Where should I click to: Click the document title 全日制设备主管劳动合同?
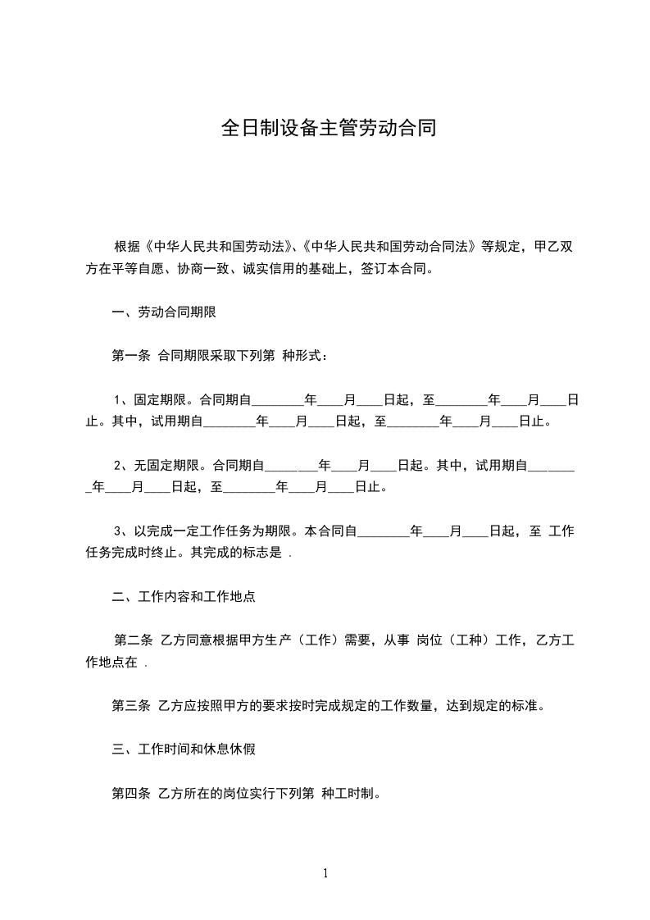pyautogui.click(x=328, y=129)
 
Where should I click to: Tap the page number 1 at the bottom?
pyautogui.click(x=325, y=873)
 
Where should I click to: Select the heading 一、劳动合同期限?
pyautogui.click(x=163, y=312)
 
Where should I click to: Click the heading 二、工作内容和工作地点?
pyautogui.click(x=184, y=597)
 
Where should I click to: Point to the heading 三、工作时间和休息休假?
pyautogui.click(x=184, y=749)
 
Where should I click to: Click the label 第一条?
pyautogui.click(x=130, y=356)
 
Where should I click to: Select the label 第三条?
pyautogui.click(x=130, y=705)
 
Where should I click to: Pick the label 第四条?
pyautogui.click(x=130, y=794)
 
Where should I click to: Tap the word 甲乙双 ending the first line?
pyautogui.click(x=553, y=246)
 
